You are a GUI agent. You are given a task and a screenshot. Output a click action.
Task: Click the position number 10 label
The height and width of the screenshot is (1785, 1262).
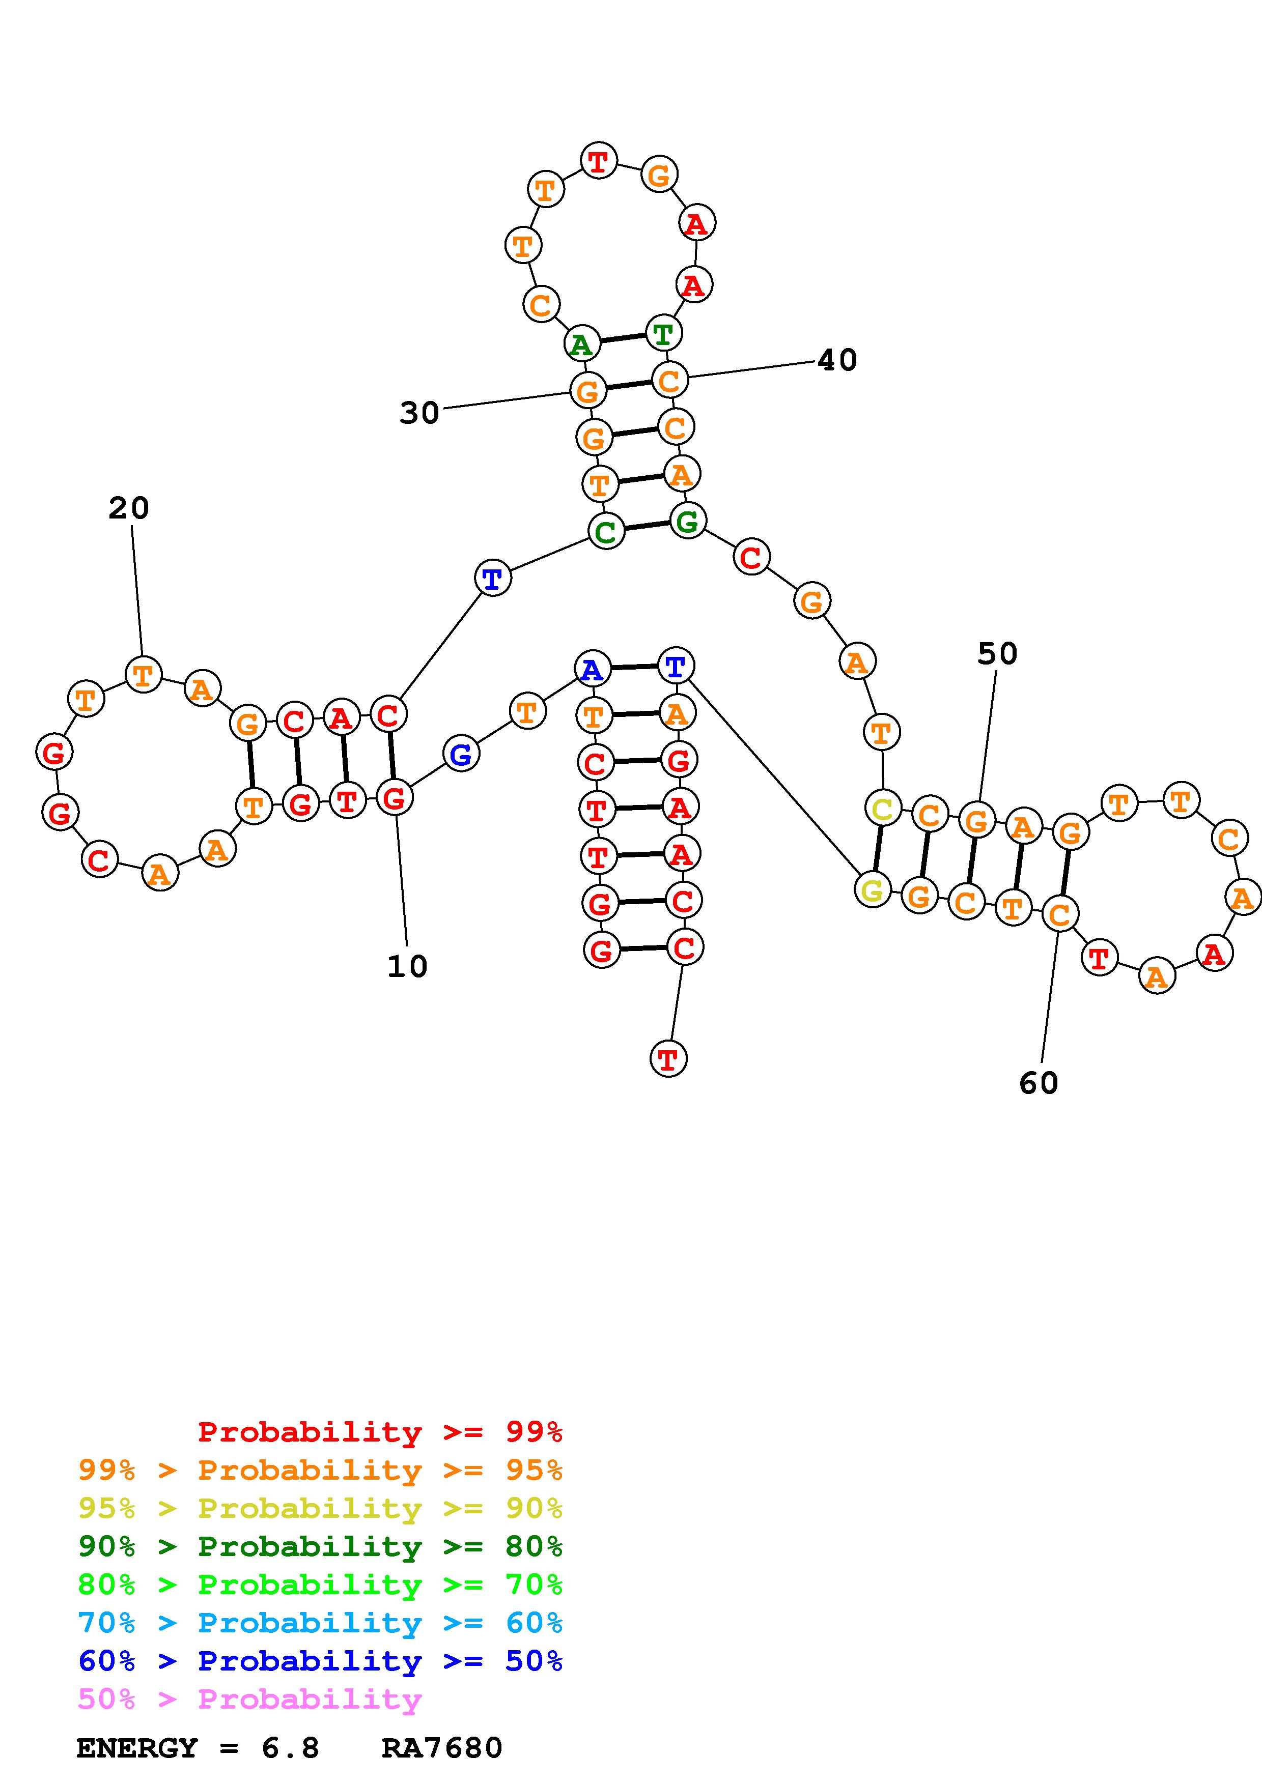(x=407, y=966)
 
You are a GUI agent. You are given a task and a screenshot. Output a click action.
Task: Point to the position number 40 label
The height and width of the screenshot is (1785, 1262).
(x=837, y=360)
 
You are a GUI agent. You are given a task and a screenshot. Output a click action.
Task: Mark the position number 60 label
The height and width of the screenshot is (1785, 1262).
(x=1039, y=1083)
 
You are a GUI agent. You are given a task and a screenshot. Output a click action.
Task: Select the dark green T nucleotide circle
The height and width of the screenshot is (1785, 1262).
(x=663, y=333)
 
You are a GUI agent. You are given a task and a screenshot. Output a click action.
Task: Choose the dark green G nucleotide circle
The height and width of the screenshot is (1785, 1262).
(x=687, y=521)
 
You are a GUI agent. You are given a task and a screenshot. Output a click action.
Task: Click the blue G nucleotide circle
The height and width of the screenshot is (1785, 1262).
(x=461, y=754)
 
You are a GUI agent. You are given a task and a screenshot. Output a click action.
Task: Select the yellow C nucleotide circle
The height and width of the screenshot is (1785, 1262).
(x=883, y=809)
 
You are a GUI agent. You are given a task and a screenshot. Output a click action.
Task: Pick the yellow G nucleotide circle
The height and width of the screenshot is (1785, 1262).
(x=873, y=889)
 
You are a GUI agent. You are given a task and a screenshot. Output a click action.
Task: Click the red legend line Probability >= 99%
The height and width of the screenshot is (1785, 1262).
(x=380, y=1432)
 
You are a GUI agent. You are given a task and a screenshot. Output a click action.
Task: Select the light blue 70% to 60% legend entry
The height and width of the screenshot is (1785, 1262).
(x=320, y=1623)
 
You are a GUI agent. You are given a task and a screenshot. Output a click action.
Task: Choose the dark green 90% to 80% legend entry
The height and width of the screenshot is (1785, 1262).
(x=320, y=1547)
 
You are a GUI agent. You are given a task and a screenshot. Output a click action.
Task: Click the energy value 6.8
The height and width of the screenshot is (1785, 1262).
(x=290, y=1748)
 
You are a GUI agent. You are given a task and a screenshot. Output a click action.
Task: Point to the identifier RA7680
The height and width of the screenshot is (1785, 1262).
(x=442, y=1748)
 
